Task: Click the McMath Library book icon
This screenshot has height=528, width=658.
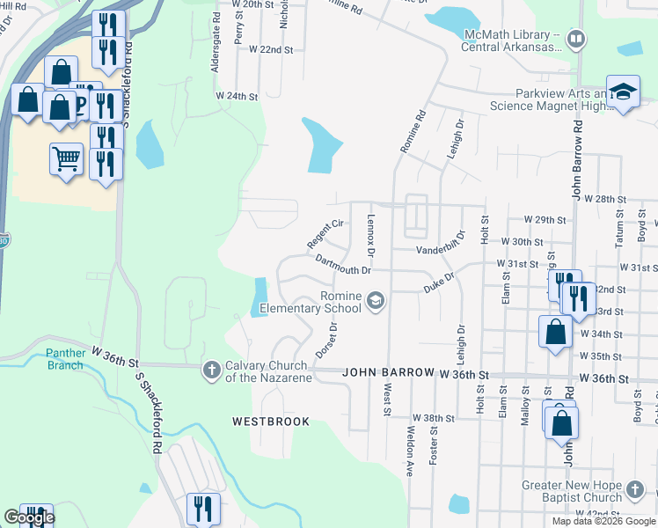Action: [575, 39]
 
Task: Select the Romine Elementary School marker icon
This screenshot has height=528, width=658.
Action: [376, 302]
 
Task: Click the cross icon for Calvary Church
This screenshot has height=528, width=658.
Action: [211, 370]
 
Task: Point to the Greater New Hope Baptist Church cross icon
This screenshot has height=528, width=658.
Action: [635, 489]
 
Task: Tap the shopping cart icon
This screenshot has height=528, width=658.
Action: [66, 159]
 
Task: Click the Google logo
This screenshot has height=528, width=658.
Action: [29, 517]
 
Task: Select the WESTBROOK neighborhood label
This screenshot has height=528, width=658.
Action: [271, 422]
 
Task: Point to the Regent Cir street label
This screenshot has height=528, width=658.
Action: [325, 233]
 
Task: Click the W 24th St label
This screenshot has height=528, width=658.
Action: [237, 95]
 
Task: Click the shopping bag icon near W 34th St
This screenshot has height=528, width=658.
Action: [554, 332]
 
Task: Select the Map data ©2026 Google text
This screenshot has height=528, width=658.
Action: [603, 521]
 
